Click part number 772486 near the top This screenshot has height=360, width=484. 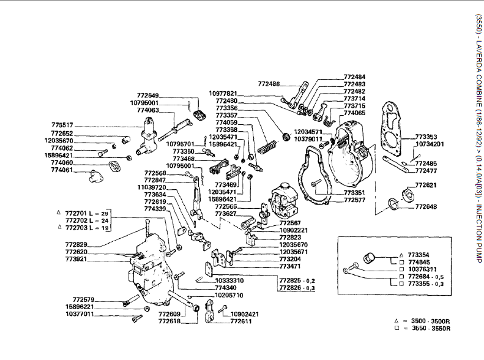[x=269, y=83]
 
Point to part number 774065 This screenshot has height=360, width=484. [x=354, y=113]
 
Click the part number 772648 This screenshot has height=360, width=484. [x=426, y=207]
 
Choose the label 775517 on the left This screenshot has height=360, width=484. [x=62, y=125]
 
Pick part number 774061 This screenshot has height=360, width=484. [x=62, y=170]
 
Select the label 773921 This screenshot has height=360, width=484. [x=77, y=260]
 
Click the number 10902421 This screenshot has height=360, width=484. [x=244, y=313]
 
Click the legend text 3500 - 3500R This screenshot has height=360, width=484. [x=430, y=321]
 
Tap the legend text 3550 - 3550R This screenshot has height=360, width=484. [x=430, y=328]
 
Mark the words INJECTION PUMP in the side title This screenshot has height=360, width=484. [x=477, y=235]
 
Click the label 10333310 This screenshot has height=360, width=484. [x=229, y=280]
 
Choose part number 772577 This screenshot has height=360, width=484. [x=354, y=200]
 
